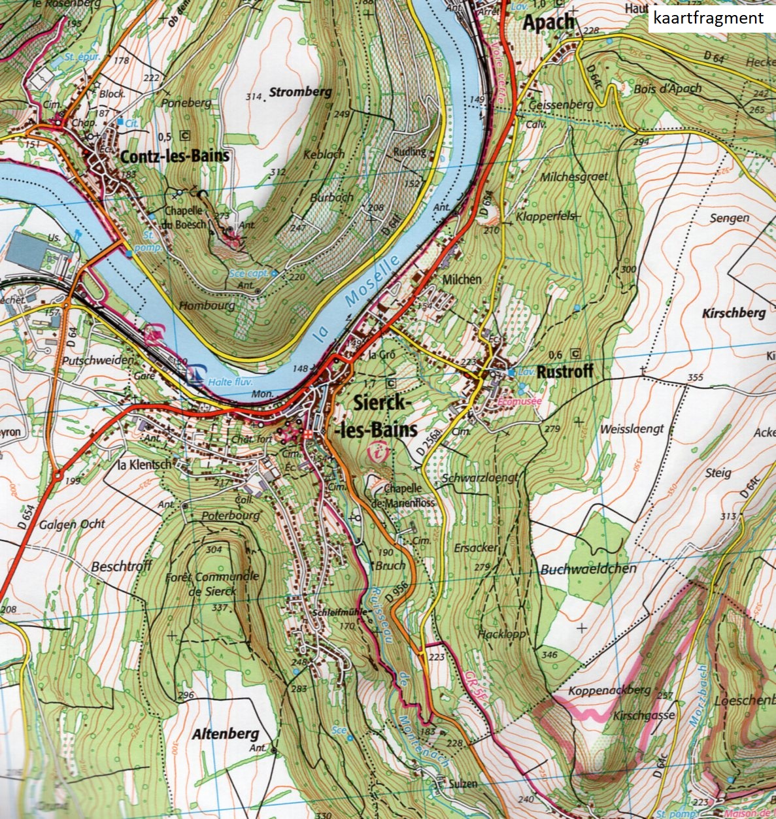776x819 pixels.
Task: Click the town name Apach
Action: pos(548,23)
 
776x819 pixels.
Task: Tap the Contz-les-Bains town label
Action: pos(175,156)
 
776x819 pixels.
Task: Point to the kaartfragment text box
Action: pos(711,18)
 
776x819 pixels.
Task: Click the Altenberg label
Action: pos(226,733)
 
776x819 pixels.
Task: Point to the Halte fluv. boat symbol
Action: pos(194,375)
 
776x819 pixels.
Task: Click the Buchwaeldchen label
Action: pos(588,569)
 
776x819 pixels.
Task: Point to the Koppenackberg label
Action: pos(601,690)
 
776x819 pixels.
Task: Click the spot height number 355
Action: pos(695,377)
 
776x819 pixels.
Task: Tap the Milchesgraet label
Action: pos(574,176)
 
